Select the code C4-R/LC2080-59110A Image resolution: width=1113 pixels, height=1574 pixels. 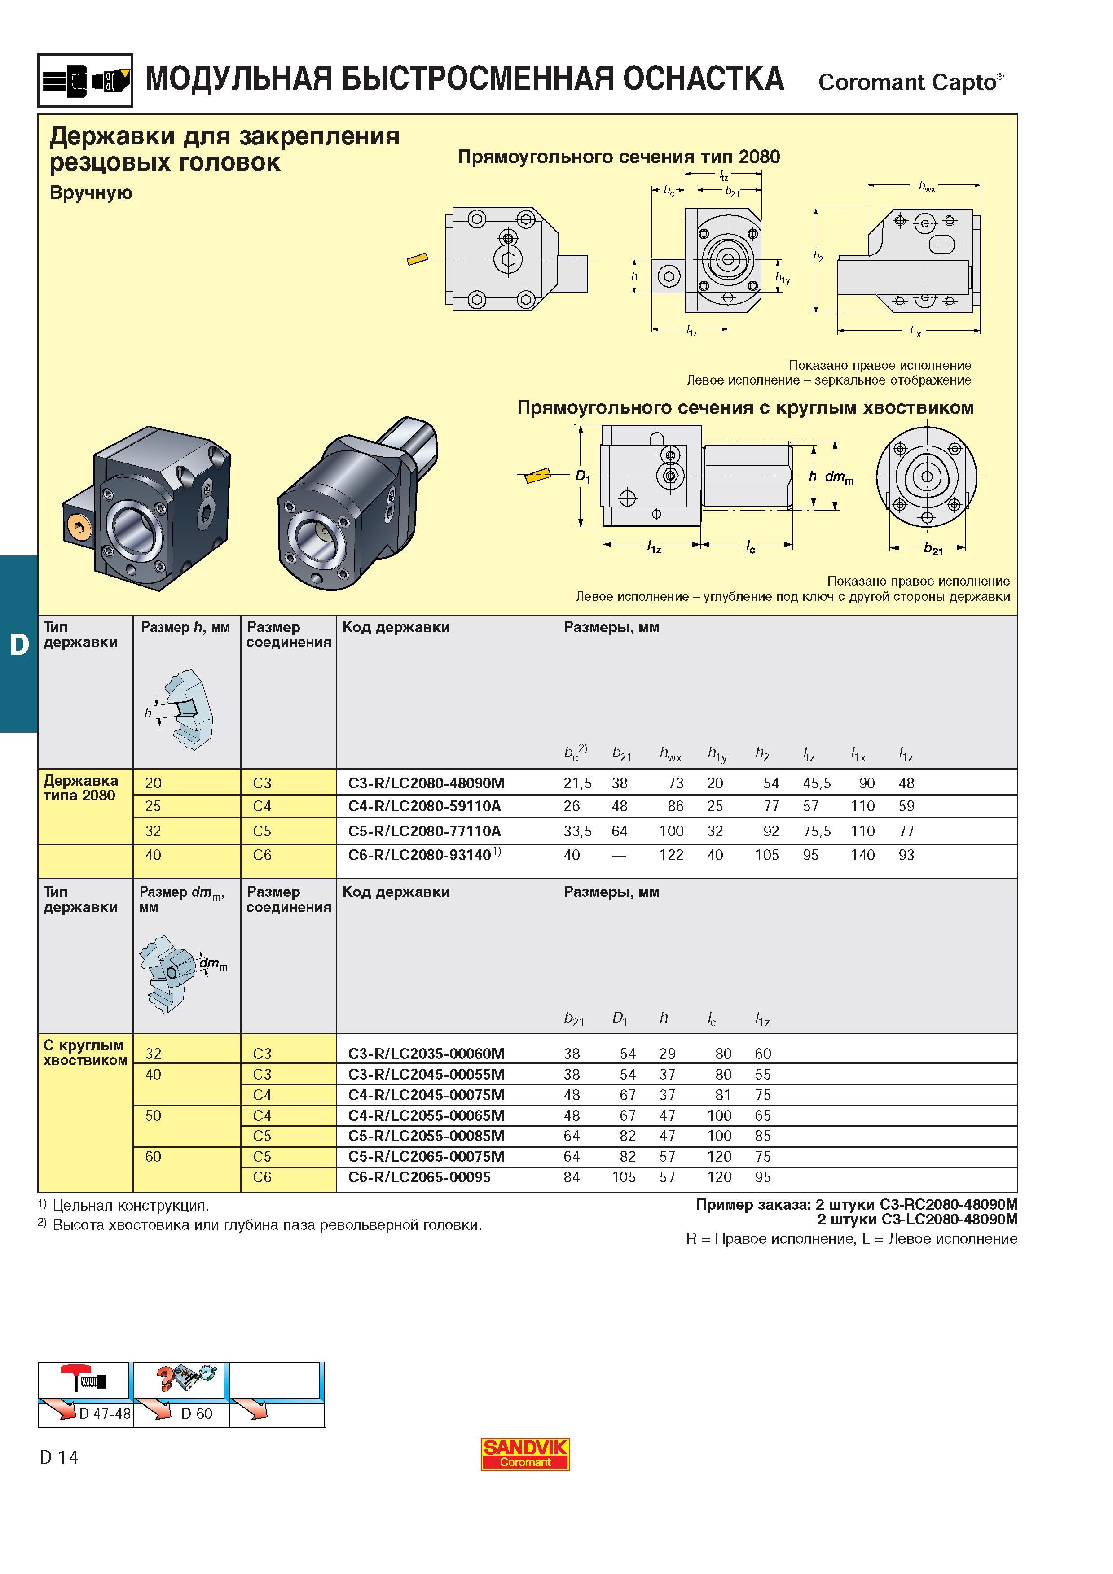pyautogui.click(x=424, y=806)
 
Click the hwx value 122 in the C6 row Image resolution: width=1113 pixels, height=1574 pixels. pyautogui.click(x=671, y=855)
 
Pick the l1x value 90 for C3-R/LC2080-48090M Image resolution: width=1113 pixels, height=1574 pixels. pyautogui.click(x=867, y=783)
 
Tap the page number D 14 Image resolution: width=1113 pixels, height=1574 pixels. pyautogui.click(x=59, y=1457)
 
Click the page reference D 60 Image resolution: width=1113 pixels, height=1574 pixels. pyautogui.click(x=197, y=1413)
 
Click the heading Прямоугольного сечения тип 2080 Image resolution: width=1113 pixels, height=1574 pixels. pyautogui.click(x=619, y=157)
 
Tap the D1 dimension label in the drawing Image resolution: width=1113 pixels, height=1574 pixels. pyautogui.click(x=582, y=477)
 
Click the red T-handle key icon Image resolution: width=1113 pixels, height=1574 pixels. pyautogui.click(x=82, y=1377)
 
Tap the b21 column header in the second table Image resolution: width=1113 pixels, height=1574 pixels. pyautogui.click(x=574, y=1019)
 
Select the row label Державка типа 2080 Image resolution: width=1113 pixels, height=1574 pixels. pyautogui.click(x=81, y=788)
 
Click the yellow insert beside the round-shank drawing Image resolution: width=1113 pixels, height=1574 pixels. pyautogui.click(x=537, y=475)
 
